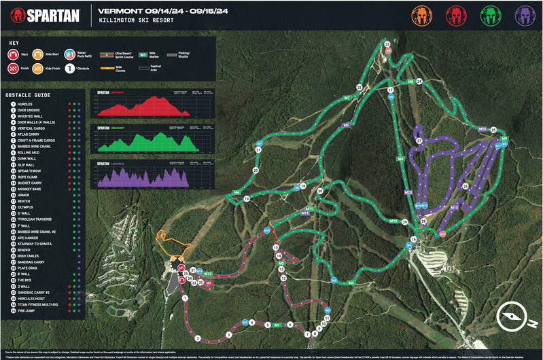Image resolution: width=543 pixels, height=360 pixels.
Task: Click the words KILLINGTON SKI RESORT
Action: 135,21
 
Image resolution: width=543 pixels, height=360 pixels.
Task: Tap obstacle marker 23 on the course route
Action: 387,44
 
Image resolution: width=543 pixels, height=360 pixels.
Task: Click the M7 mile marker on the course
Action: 347,98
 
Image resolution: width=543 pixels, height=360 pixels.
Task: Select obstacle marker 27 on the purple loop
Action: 419,141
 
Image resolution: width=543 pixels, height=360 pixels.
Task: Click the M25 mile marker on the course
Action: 483,128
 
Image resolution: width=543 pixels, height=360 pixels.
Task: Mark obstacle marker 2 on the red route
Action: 198,338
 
